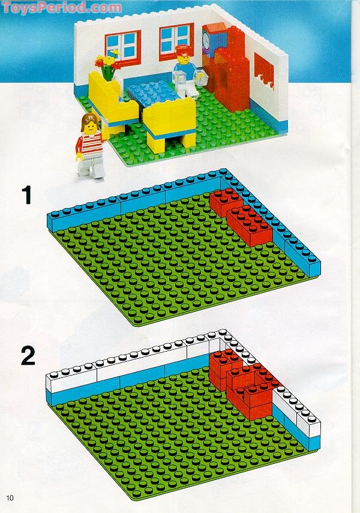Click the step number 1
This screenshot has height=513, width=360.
(x=27, y=195)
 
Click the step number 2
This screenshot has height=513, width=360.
(x=28, y=356)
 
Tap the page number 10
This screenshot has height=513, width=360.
(x=10, y=497)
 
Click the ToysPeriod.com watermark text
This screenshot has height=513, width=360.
(x=62, y=7)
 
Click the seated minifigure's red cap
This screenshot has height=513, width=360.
(x=182, y=50)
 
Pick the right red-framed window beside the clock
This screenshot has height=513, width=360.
(x=176, y=42)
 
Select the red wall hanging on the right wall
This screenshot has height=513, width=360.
(x=265, y=71)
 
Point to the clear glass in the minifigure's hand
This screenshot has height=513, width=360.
(x=178, y=79)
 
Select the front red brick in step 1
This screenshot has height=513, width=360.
(x=250, y=225)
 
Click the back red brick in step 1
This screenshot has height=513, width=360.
(x=226, y=202)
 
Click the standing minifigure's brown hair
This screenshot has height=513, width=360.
(x=89, y=119)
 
